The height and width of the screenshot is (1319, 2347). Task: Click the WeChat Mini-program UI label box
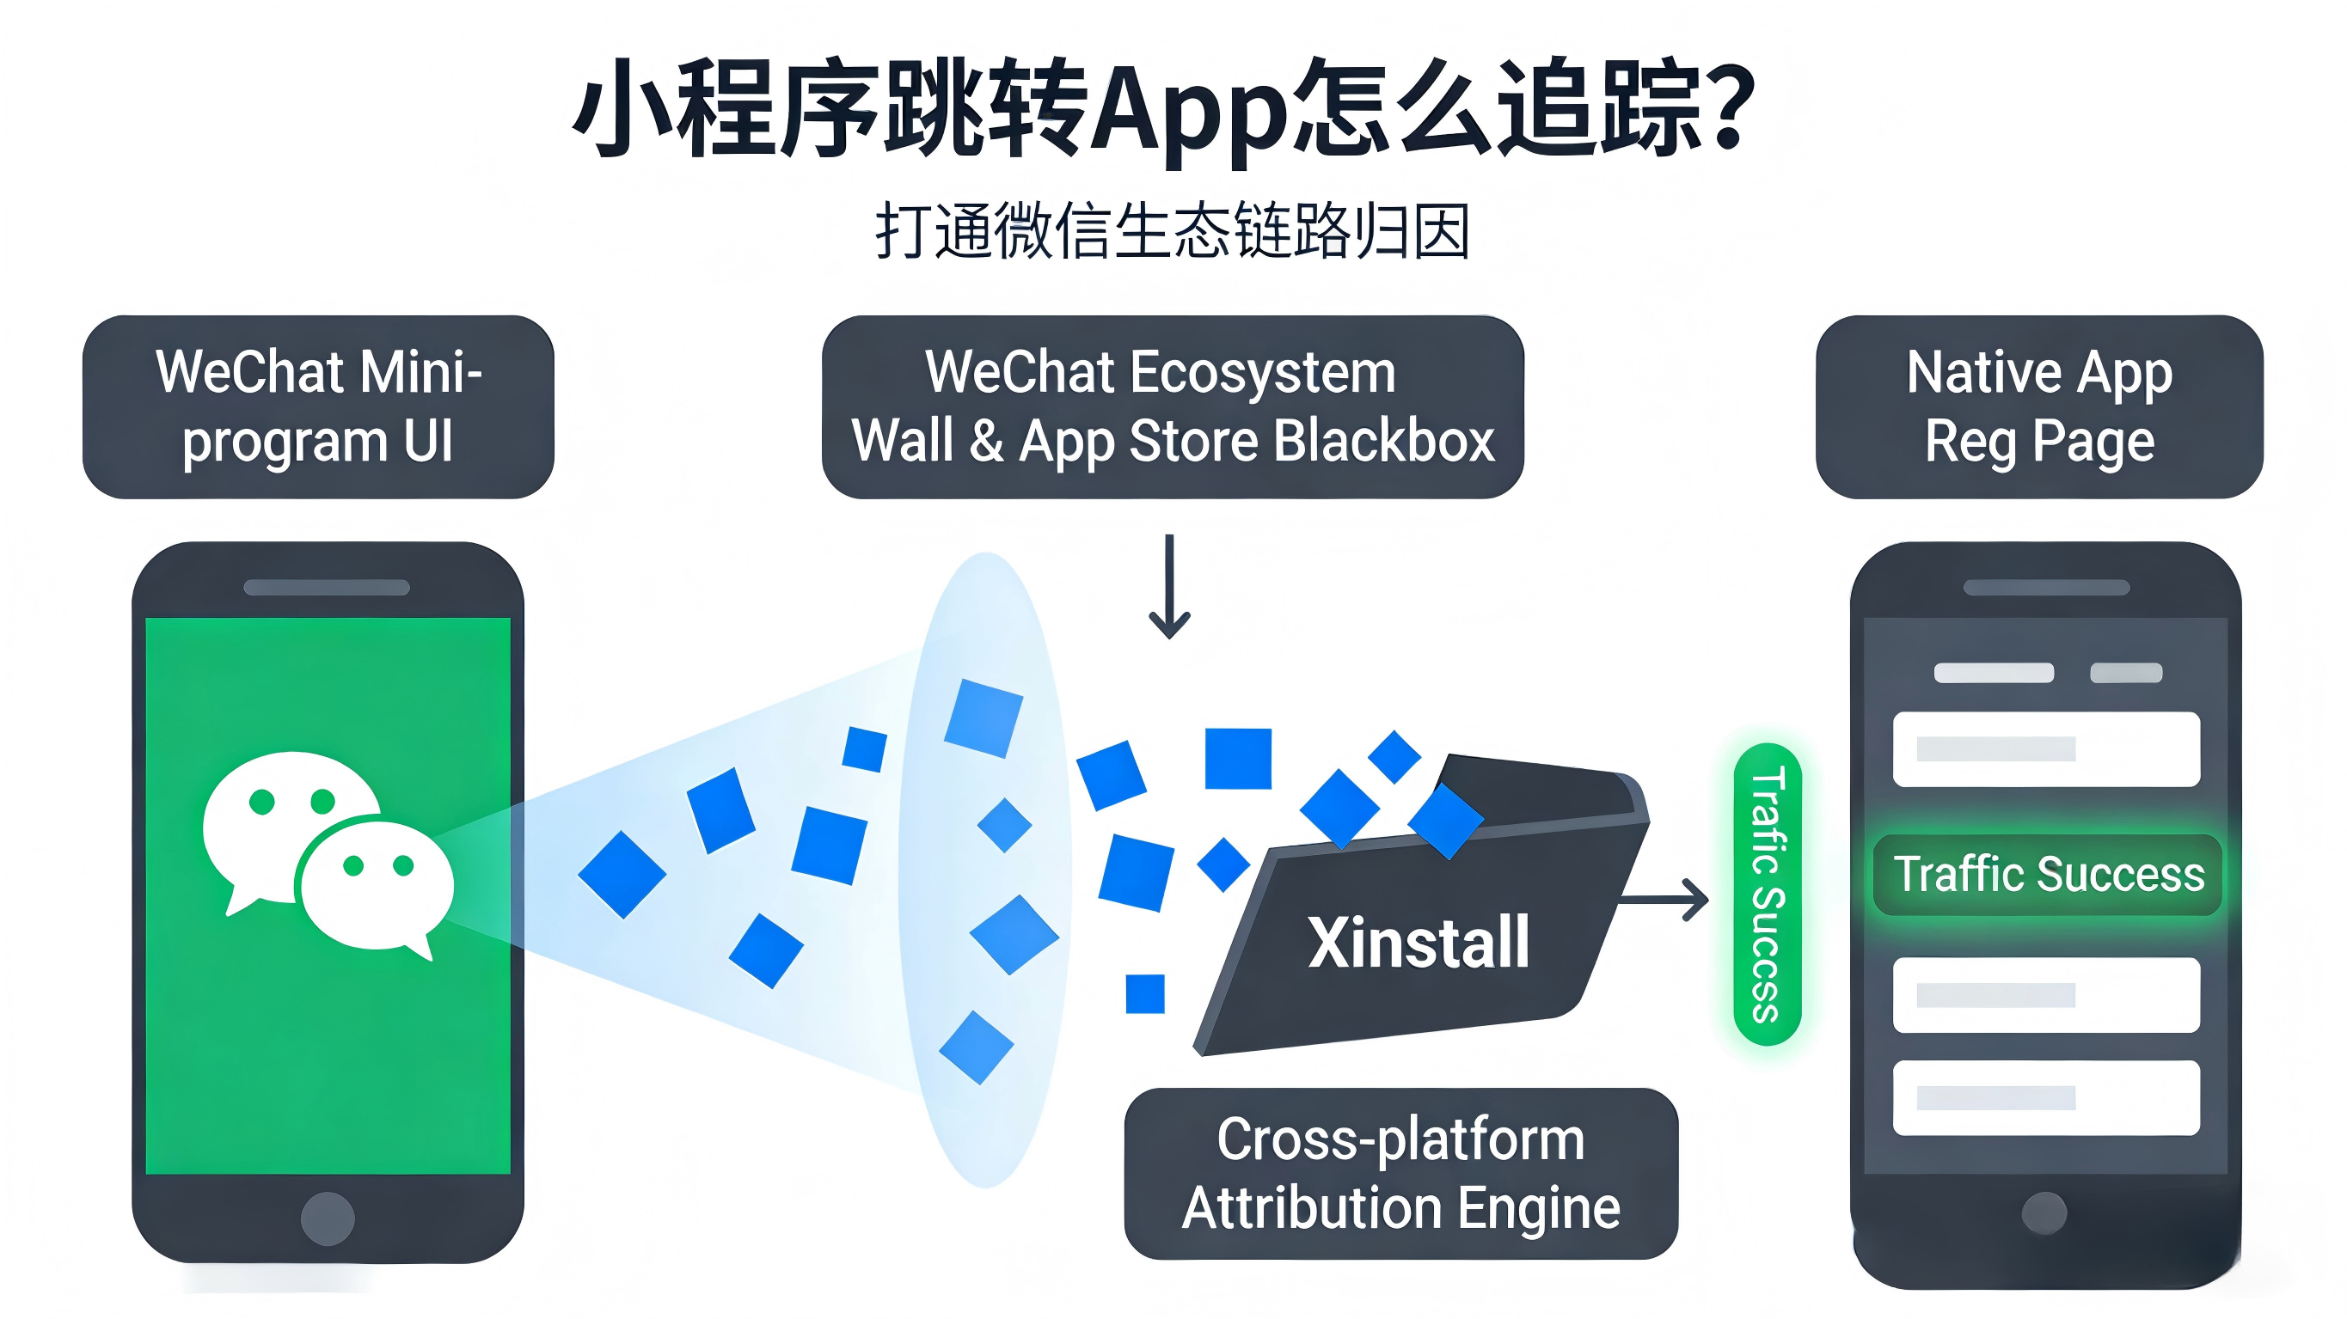pos(318,406)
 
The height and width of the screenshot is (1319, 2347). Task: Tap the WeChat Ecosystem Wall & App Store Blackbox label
pos(1172,406)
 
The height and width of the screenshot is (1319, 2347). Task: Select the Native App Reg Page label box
pos(2038,406)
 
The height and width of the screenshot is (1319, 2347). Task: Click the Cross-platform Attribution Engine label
pos(1400,1173)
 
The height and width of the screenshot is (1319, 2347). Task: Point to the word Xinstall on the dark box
pos(1418,942)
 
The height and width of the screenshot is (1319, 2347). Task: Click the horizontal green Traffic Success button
pos(2047,875)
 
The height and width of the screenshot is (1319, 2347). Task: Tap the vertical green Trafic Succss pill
pos(1767,895)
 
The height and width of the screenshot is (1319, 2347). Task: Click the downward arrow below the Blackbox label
pos(1169,588)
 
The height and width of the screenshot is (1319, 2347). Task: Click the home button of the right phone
pos(2044,1213)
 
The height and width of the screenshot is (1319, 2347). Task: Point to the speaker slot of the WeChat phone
pos(326,588)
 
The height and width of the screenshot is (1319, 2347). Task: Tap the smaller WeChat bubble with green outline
pos(377,883)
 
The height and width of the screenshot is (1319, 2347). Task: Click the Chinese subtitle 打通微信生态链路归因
pos(1173,230)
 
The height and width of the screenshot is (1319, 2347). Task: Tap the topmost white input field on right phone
pos(2045,748)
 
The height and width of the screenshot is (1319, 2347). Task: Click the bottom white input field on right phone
pos(2045,1096)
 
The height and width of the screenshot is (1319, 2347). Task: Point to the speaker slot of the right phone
pos(2045,588)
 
